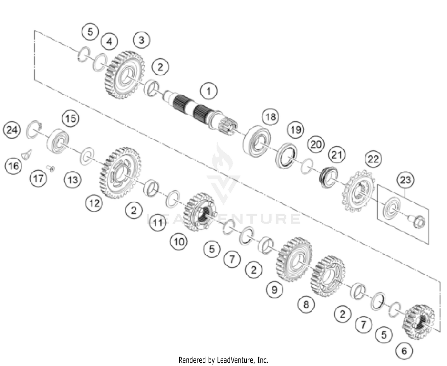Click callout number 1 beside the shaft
[209, 91]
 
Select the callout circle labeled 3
[141, 40]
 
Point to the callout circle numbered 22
[373, 159]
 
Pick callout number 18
[270, 117]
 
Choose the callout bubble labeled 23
[405, 180]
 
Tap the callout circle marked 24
[12, 130]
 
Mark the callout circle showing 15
[70, 118]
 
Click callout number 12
[94, 203]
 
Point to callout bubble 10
[179, 241]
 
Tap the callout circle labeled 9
[274, 289]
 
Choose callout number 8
[306, 304]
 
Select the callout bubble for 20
[316, 144]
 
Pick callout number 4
[109, 42]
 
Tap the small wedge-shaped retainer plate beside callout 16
[27, 154]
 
